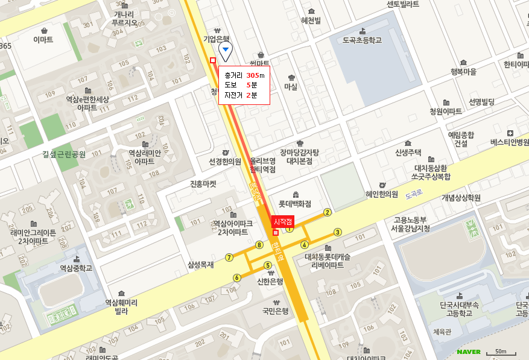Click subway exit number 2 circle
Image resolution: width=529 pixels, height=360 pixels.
[x=328, y=212]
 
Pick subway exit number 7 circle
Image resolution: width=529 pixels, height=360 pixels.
[x=229, y=257]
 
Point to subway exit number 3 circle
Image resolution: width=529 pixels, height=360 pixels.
[x=338, y=232]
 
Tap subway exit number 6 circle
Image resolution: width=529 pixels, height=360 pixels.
[x=237, y=277]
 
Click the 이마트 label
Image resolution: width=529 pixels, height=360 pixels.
[x=43, y=40]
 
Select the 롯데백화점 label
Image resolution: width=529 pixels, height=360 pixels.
[x=294, y=204]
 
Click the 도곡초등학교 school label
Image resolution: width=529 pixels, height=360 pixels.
[x=362, y=40]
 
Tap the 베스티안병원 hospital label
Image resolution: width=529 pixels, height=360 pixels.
[x=510, y=142]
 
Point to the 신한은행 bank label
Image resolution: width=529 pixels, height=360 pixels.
[x=270, y=281]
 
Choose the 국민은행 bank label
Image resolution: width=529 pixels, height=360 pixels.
[x=276, y=311]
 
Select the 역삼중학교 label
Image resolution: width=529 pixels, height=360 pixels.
[x=76, y=268]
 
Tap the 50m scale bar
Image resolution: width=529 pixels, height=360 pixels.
[x=500, y=352]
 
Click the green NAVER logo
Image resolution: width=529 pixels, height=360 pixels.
[x=468, y=352]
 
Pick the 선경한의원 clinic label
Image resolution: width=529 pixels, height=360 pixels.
[x=224, y=162]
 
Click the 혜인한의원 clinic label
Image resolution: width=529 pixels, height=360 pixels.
[x=382, y=194]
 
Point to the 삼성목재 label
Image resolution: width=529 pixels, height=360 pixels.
[x=201, y=264]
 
